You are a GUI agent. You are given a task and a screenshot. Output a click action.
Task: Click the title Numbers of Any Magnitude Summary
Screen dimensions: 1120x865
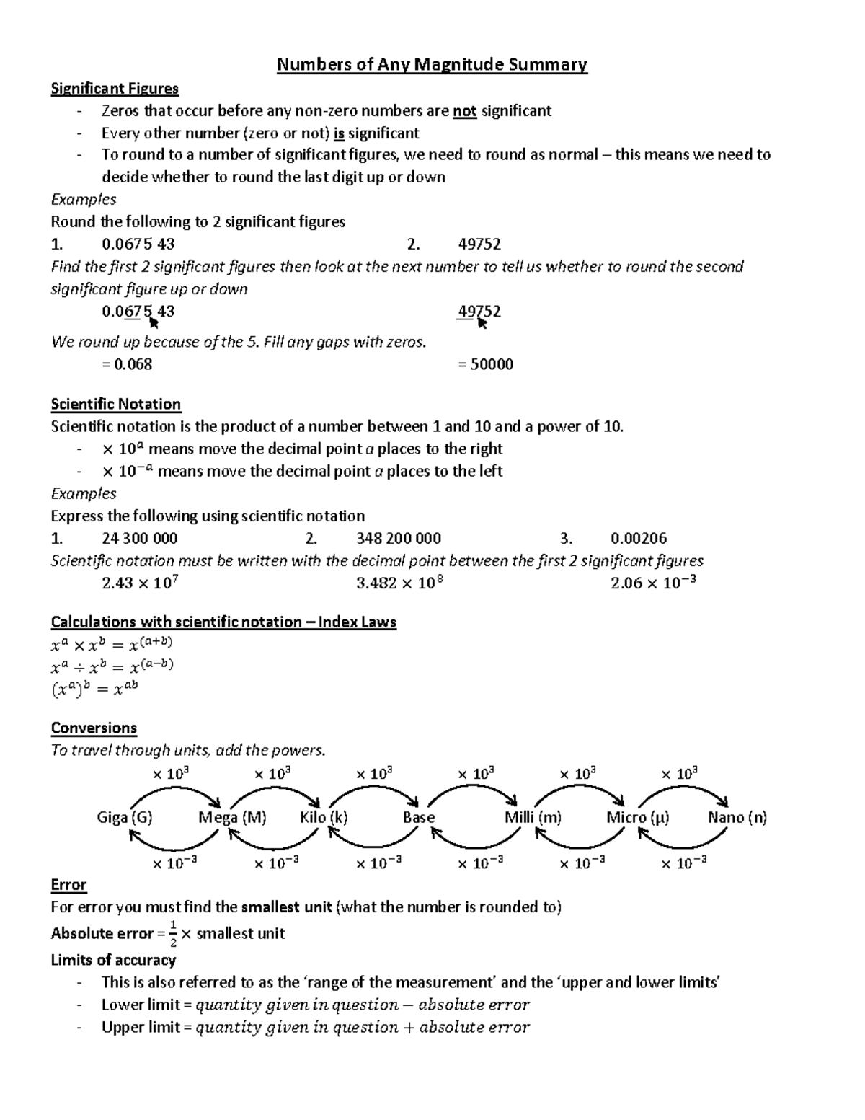click(432, 65)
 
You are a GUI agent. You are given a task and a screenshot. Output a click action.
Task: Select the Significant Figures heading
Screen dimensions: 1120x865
click(115, 89)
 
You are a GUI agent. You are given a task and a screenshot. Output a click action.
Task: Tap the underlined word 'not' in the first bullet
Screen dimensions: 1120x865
click(465, 111)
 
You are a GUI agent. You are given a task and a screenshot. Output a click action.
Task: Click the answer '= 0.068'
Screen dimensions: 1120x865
click(127, 364)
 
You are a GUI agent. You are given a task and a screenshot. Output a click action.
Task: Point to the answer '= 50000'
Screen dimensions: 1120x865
click(485, 364)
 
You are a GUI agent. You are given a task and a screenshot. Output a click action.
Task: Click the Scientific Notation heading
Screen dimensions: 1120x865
click(115, 404)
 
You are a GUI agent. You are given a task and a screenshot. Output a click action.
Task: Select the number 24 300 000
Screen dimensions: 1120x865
click(140, 539)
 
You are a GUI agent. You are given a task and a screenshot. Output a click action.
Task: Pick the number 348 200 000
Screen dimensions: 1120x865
click(399, 539)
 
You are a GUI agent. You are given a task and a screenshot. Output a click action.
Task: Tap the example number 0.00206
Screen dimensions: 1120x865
click(639, 539)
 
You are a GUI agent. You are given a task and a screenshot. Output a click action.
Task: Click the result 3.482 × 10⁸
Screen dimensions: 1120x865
click(399, 583)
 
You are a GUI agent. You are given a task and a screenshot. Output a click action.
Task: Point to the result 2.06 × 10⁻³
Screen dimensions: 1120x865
click(653, 583)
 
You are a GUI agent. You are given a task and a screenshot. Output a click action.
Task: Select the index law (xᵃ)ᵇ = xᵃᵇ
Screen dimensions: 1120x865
click(94, 689)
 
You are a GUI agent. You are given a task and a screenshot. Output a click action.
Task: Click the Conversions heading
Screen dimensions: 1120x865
click(94, 728)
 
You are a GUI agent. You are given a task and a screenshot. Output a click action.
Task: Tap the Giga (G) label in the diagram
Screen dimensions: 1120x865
click(125, 818)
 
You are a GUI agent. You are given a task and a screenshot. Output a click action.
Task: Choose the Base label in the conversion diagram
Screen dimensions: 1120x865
click(419, 818)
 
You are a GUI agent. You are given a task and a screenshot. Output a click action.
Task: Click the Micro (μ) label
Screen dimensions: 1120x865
click(638, 818)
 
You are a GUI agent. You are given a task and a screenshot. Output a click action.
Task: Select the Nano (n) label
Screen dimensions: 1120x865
click(737, 818)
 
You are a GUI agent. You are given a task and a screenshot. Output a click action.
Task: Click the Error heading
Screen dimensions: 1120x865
click(68, 885)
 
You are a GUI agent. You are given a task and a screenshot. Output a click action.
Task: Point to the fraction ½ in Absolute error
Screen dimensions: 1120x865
click(172, 934)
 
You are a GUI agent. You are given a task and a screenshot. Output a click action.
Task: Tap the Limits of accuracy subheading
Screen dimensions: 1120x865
click(113, 960)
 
